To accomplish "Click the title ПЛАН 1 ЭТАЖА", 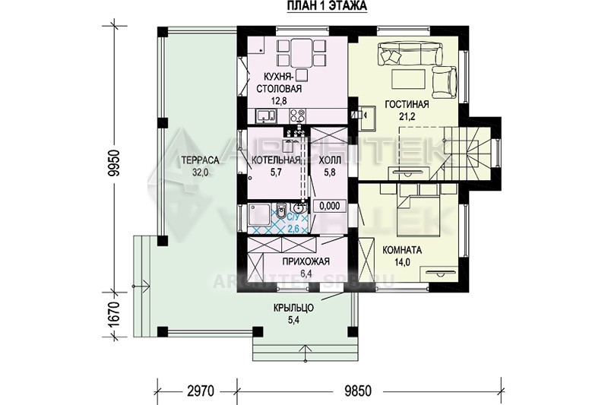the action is [x=328, y=6].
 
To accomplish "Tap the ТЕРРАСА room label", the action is [x=200, y=160].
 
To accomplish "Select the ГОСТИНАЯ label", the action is [x=407, y=104].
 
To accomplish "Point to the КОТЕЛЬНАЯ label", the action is [x=276, y=160].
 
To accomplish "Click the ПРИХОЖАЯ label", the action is [x=306, y=261].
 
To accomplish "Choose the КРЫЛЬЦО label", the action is [x=293, y=308].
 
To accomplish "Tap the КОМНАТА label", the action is [x=402, y=250].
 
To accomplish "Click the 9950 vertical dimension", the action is [x=114, y=163].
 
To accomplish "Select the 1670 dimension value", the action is [x=114, y=315].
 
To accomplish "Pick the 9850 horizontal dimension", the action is [x=358, y=391].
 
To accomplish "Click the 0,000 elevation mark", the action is [x=330, y=206].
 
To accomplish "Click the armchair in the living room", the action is [x=445, y=82].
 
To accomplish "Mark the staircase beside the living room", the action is [x=471, y=152].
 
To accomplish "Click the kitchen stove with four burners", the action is [x=297, y=115].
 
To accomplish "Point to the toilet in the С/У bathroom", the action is [x=282, y=210].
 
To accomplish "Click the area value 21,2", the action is [x=407, y=116].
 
